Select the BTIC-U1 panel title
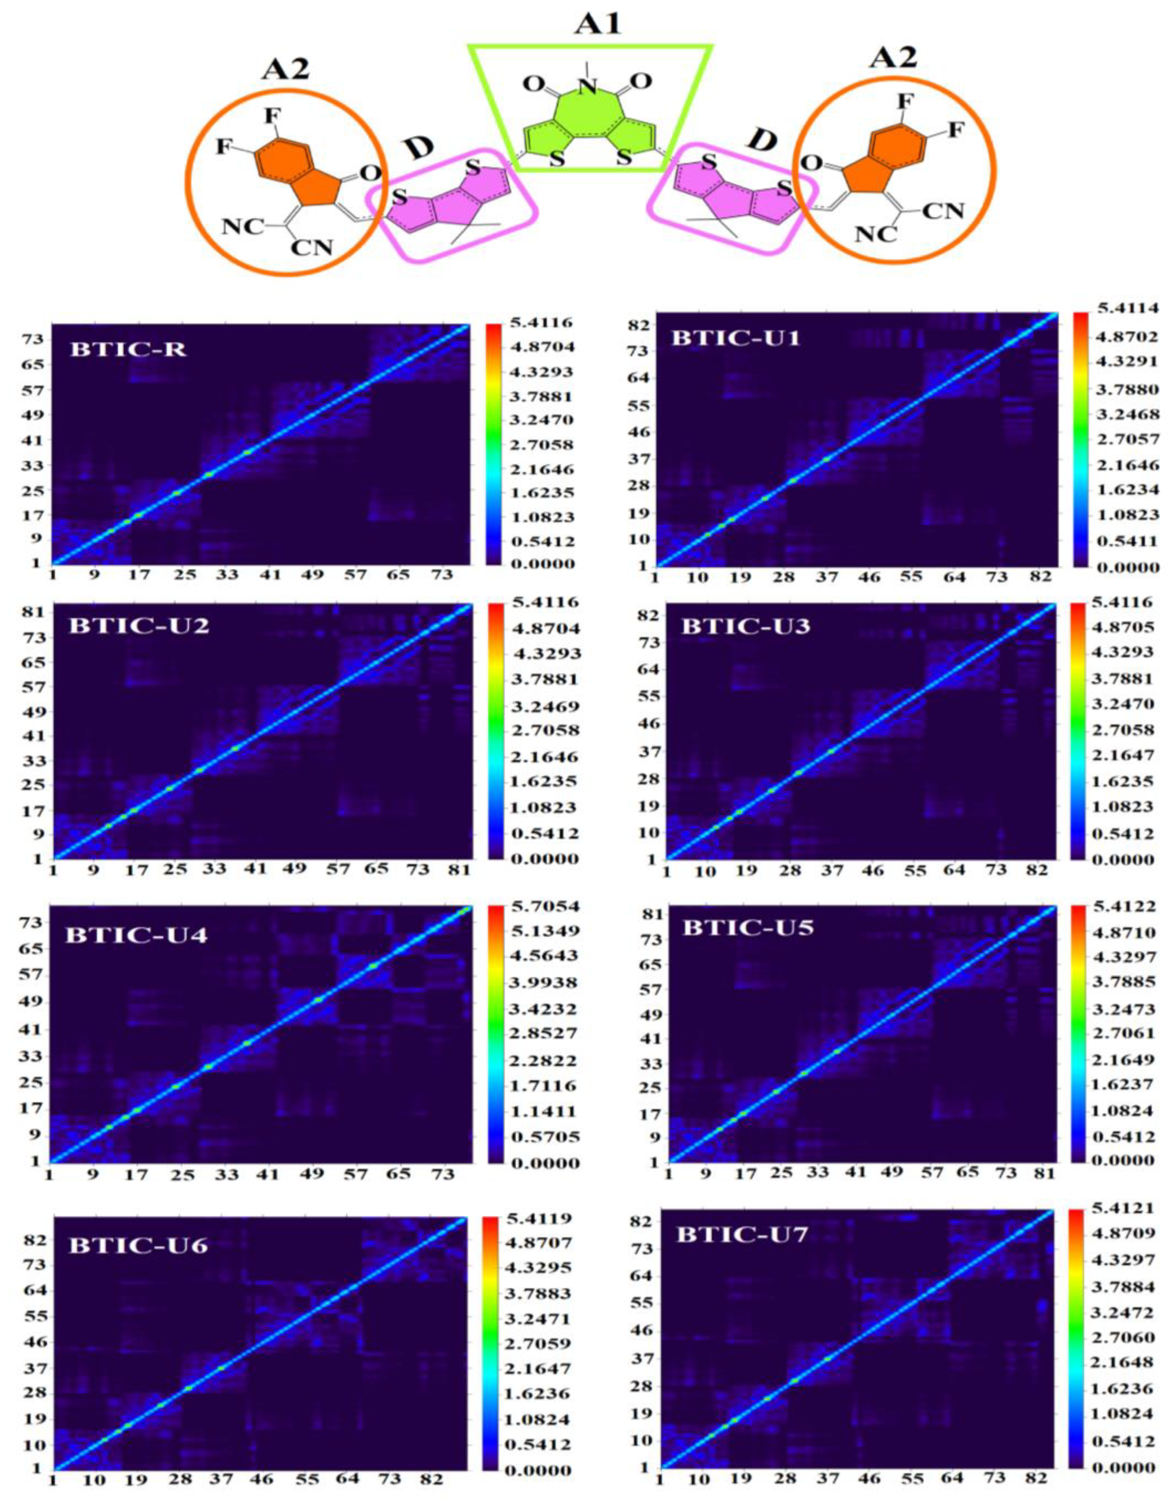click(x=735, y=338)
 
